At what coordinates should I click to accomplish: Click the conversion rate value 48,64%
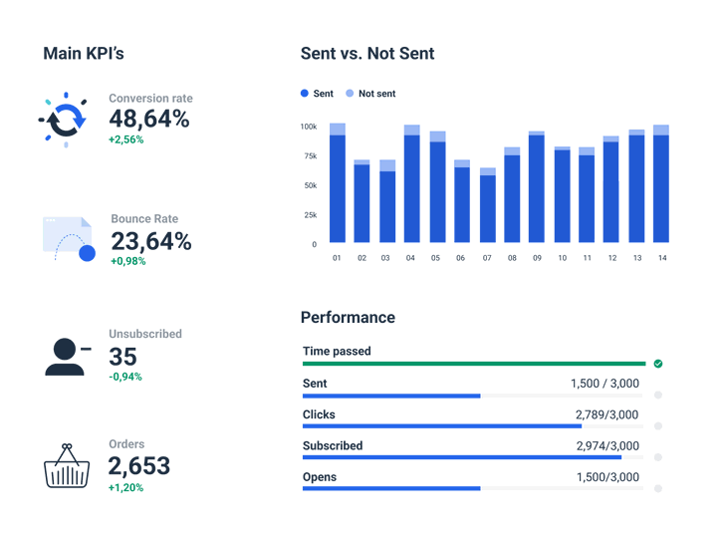pos(148,120)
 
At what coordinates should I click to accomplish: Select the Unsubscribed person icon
pos(67,356)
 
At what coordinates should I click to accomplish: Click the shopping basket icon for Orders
pos(67,466)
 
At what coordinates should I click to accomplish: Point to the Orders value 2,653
pos(139,465)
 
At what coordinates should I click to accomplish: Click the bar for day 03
pos(387,203)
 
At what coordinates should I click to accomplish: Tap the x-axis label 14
pos(661,258)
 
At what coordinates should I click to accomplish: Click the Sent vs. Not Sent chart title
pos(367,54)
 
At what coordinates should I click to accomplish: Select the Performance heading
pos(348,318)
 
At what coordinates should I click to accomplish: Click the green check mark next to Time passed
pos(658,364)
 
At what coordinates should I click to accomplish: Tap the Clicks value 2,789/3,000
pos(606,414)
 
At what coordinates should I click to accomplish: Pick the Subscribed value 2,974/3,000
pos(606,446)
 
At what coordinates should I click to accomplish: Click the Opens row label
pos(320,477)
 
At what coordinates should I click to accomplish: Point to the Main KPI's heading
pos(84,54)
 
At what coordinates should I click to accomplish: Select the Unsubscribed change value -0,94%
pos(125,377)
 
